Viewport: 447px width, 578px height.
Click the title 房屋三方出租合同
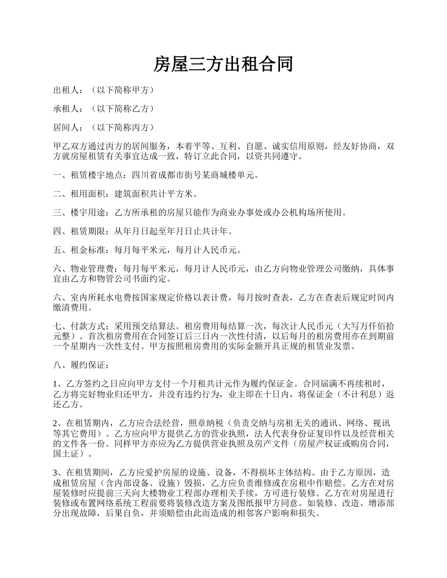pyautogui.click(x=223, y=64)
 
